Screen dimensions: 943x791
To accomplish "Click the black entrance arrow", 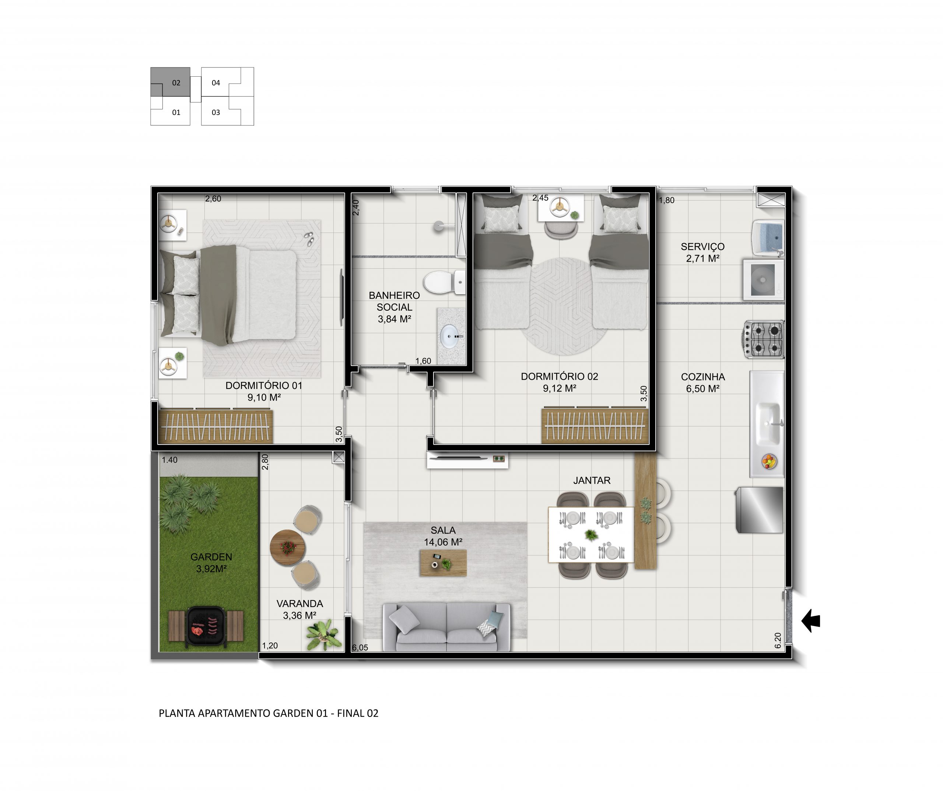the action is pos(811,621).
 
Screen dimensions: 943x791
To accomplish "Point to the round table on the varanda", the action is pos(287,547).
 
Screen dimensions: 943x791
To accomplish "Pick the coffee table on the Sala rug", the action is pos(443,563).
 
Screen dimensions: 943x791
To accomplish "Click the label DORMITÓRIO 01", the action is pos(264,386).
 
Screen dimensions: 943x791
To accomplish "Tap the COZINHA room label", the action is pos(703,377).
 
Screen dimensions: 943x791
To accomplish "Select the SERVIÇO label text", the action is pos(703,247).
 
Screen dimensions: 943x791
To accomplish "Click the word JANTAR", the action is pos(592,480).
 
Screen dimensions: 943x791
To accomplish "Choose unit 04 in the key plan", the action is pos(216,83).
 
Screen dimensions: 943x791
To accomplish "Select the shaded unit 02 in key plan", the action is pos(176,83).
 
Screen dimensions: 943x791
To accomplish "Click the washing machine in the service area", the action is pos(763,279).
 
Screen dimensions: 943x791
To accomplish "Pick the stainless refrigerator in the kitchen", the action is pos(759,510).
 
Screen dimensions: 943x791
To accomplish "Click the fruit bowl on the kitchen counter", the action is pos(769,461).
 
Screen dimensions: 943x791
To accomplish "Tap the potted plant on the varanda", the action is pos(322,634).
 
